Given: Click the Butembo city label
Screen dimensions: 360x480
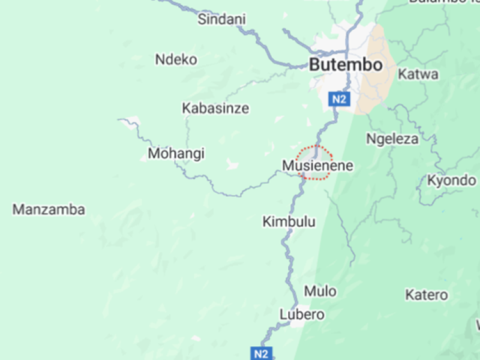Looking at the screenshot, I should coord(345,65).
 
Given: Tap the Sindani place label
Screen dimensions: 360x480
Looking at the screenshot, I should coord(222,20).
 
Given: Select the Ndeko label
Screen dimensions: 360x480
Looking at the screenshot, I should coord(176,59).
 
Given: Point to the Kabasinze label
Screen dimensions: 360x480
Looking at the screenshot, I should coord(215,109).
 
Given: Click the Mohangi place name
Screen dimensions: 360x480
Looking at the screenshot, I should coord(176,154).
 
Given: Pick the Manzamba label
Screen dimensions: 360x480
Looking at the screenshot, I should coord(49,209).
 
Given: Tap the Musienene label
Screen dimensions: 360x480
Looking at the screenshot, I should coord(317,166).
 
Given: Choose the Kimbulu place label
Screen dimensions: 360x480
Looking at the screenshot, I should coord(289,221).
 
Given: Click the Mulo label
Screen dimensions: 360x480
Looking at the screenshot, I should coord(320,291).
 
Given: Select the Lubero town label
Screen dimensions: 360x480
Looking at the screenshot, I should coord(302,314).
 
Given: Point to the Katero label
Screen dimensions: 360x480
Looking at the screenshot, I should coord(426,295).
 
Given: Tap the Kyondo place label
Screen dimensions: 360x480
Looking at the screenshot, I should coord(451,180).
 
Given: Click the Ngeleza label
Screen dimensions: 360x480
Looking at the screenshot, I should coord(392,139).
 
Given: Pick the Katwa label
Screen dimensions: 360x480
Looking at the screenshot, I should coord(418,75).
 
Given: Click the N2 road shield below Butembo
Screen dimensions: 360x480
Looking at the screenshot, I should coord(339,100).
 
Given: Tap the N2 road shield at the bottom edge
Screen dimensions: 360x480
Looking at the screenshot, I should coord(261,353).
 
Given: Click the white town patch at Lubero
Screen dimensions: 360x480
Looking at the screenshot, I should coord(298,323).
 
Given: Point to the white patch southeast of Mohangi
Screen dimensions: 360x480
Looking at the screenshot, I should coord(231,163).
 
